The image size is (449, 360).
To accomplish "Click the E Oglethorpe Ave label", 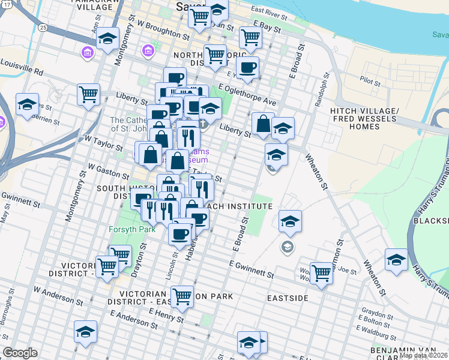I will pyautogui.click(x=247, y=96).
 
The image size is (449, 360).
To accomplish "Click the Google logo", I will pyautogui.click(x=20, y=353).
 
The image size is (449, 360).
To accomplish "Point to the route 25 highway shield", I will pyautogui.click(x=42, y=28).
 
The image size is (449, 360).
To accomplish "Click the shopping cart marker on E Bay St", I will pyautogui.click(x=250, y=37).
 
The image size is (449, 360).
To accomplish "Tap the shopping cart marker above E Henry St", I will pyautogui.click(x=181, y=295).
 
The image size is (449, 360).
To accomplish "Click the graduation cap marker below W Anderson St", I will pyautogui.click(x=86, y=331).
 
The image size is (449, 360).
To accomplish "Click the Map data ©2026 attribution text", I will pyautogui.click(x=424, y=355).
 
